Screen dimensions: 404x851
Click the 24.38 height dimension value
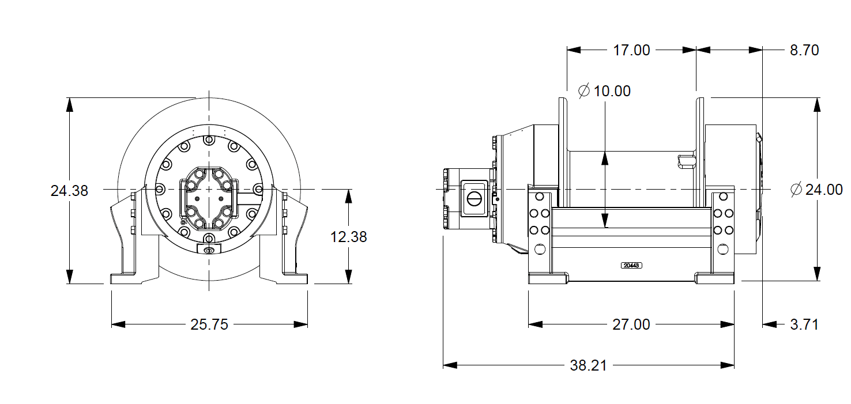(69, 191)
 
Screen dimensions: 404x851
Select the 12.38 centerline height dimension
(348, 236)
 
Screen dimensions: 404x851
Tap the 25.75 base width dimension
(209, 324)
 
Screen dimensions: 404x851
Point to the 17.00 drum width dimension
(631, 50)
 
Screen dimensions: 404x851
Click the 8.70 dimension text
(804, 50)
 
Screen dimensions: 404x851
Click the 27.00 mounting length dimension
(631, 324)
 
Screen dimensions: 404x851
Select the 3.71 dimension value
(804, 324)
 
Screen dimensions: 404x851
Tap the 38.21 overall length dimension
(588, 365)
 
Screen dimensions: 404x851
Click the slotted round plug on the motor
(474, 199)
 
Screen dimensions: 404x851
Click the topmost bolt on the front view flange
(208, 139)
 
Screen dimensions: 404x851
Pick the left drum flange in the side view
(563, 153)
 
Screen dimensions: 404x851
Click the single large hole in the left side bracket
(540, 249)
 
